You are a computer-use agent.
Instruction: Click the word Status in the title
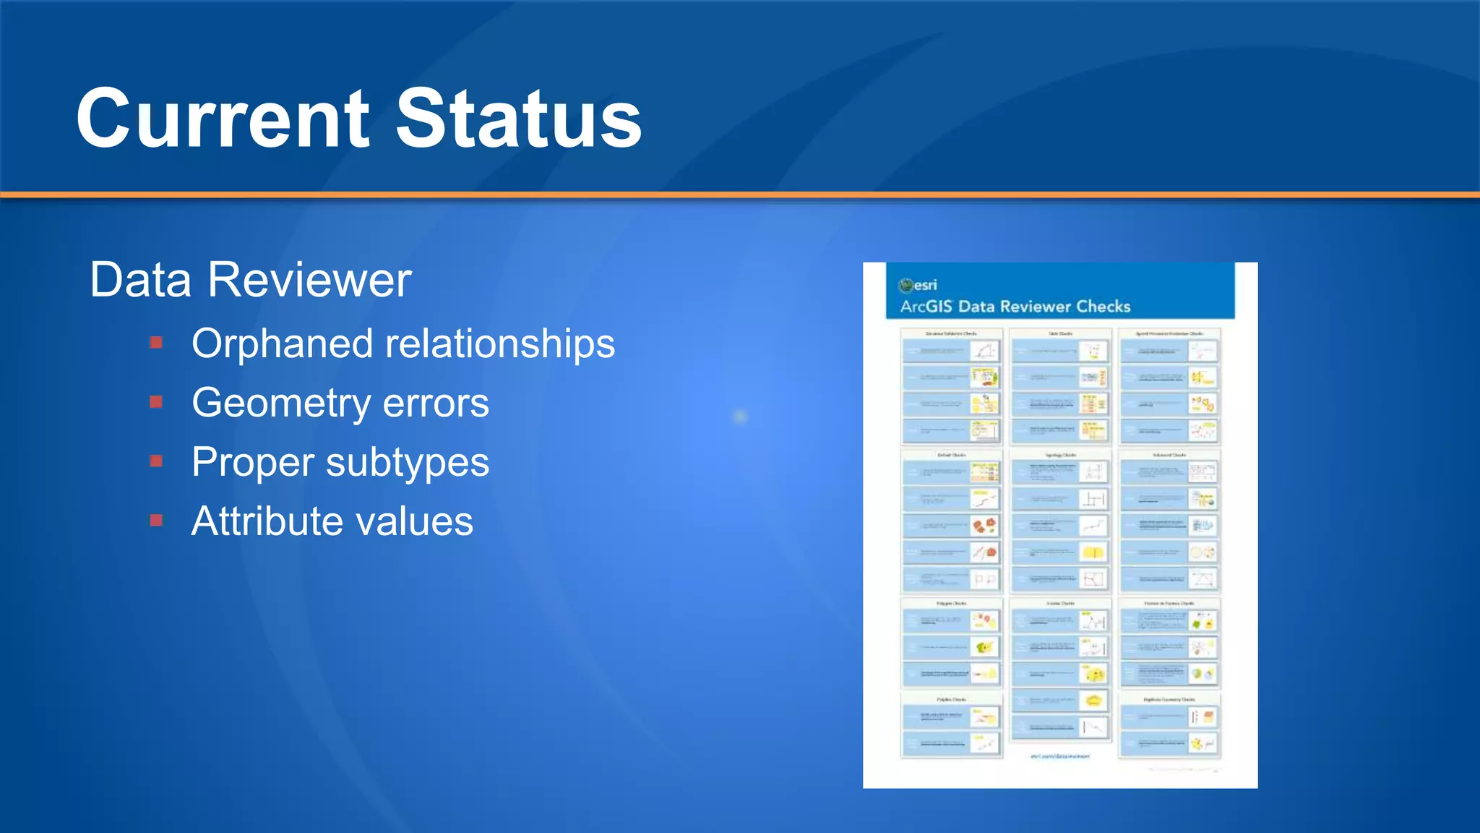point(518,119)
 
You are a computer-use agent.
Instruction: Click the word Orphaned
point(282,343)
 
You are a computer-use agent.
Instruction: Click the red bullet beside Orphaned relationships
point(156,342)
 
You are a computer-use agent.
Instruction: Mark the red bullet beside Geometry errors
point(156,401)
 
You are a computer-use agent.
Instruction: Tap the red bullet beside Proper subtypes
point(156,461)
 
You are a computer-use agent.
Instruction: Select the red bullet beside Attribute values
point(156,520)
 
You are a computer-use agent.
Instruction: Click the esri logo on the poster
point(918,285)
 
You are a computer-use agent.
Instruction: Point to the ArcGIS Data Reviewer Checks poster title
point(1015,307)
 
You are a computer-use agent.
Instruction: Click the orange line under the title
point(740,195)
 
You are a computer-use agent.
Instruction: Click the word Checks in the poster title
point(1103,307)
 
